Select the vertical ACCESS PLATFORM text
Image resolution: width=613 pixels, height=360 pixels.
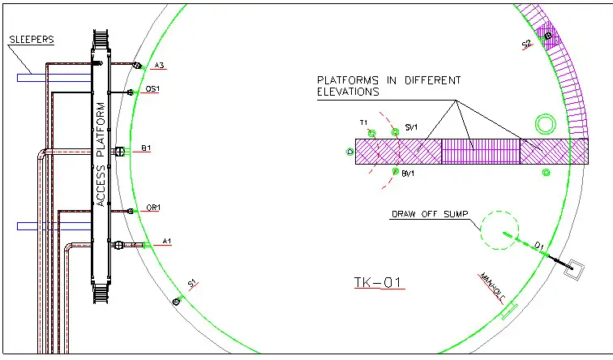(101, 154)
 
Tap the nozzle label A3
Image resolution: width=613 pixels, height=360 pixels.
(159, 66)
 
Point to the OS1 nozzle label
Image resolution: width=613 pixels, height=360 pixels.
(152, 89)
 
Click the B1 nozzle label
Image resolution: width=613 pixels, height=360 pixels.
(146, 148)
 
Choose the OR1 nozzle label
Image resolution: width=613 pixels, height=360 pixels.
(152, 208)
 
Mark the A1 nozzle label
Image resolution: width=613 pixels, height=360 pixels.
(167, 241)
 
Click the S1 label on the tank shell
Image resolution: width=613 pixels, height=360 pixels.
(193, 282)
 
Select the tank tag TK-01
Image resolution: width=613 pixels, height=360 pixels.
(379, 283)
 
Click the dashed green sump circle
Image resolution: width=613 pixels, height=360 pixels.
(499, 231)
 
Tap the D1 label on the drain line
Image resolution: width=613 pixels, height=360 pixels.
(538, 245)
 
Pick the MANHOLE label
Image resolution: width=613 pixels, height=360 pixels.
(492, 286)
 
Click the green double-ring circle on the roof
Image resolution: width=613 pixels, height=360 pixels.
(544, 124)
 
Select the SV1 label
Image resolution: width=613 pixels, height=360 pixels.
(411, 128)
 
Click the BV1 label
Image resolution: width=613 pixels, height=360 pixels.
(408, 174)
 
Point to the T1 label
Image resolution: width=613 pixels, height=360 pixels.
(364, 122)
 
